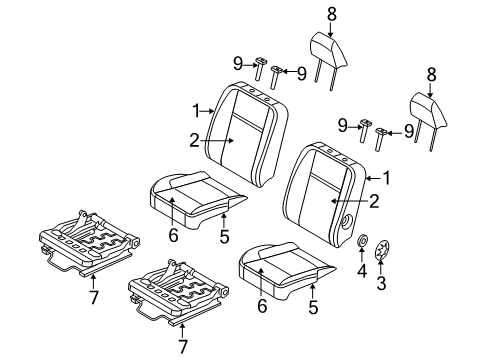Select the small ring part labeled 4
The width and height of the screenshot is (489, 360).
click(x=363, y=269)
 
